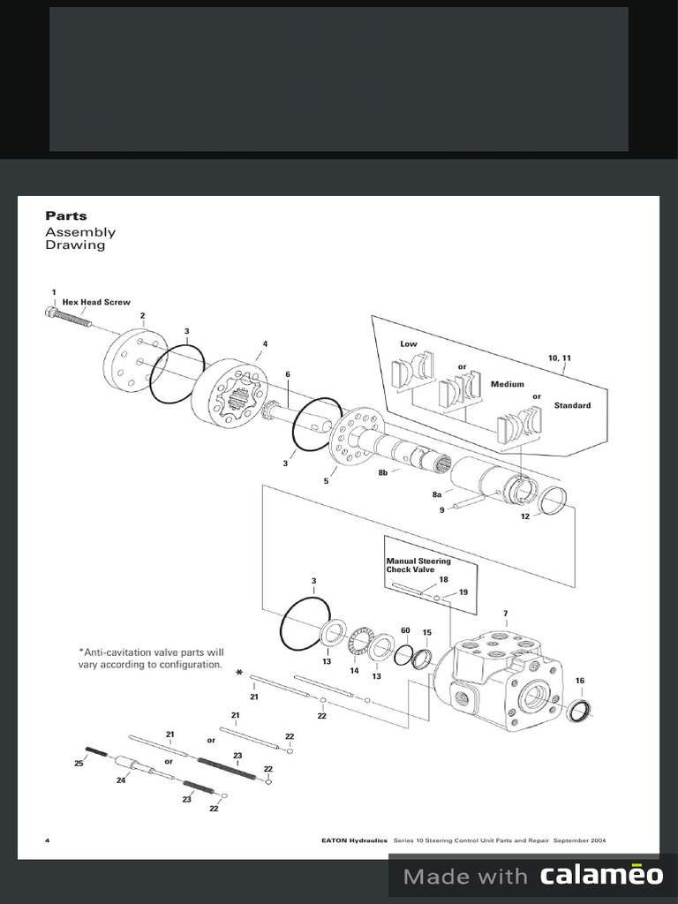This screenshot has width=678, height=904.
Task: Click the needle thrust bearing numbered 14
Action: click(x=358, y=641)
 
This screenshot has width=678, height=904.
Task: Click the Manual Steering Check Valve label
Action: click(x=418, y=565)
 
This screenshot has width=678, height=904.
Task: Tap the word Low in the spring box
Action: click(x=409, y=343)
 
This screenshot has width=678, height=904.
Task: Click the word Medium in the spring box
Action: click(x=507, y=384)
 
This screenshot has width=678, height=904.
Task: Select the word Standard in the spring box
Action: click(x=572, y=405)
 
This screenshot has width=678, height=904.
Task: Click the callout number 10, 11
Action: click(x=560, y=358)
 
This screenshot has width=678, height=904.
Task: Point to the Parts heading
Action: click(x=66, y=215)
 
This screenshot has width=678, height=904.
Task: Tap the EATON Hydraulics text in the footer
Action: click(x=354, y=840)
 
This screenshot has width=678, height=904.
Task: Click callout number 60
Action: click(x=405, y=630)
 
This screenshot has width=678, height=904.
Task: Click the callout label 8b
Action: click(x=383, y=473)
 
